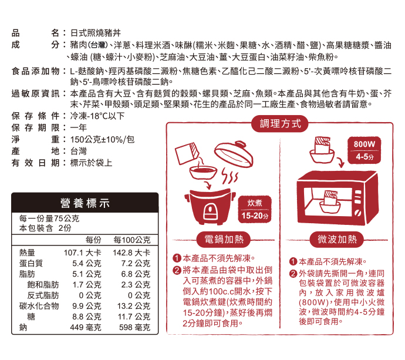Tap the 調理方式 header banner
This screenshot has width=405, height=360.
click(x=279, y=123)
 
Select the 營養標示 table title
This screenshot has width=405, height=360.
click(x=85, y=204)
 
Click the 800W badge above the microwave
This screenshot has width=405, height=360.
click(x=368, y=144)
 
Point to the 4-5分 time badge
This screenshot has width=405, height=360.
click(x=368, y=157)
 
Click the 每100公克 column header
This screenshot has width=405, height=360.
click(x=132, y=240)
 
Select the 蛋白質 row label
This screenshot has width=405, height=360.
click(x=31, y=263)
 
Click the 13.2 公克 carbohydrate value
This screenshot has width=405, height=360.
click(x=134, y=306)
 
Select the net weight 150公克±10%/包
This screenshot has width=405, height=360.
click(x=102, y=139)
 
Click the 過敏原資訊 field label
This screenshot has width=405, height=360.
click(x=35, y=93)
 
